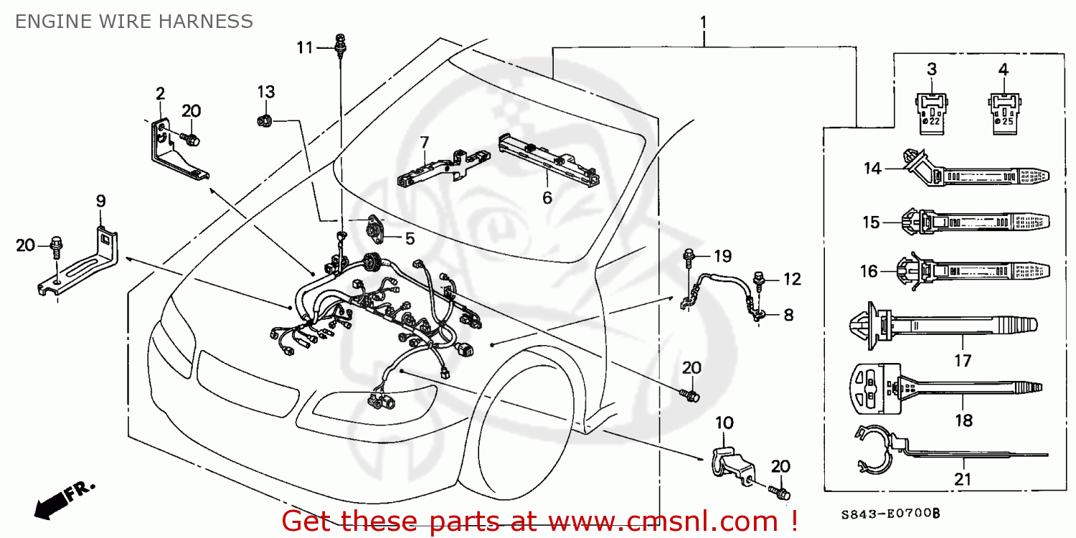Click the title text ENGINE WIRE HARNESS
coord(133,22)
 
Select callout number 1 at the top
coord(704,22)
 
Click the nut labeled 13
coord(263,121)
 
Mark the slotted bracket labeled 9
coord(79,262)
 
